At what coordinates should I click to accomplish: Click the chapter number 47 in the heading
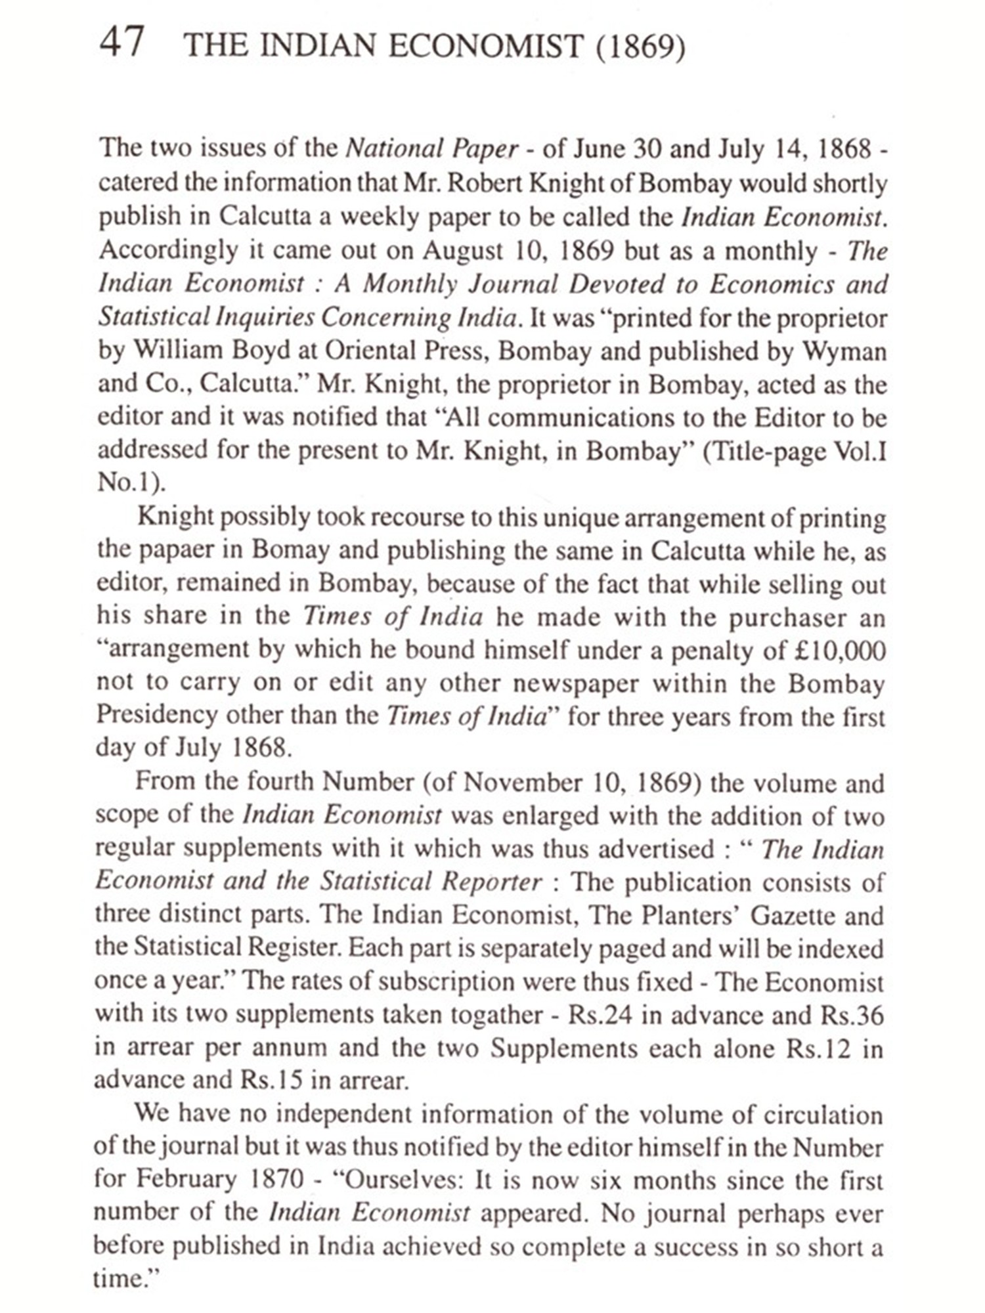point(121,43)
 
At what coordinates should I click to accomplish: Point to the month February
point(186,1180)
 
